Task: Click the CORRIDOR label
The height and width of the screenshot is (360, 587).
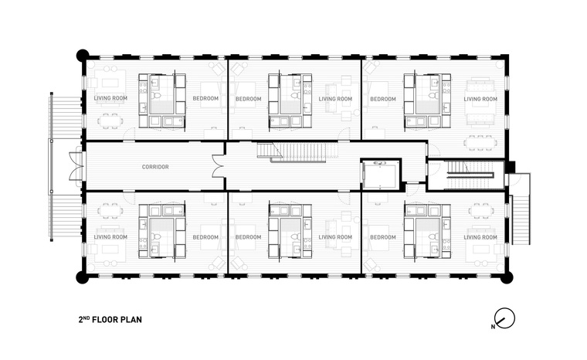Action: [155, 167]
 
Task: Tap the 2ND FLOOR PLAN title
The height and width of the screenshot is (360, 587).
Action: [110, 320]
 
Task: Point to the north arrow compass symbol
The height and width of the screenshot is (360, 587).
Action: [504, 319]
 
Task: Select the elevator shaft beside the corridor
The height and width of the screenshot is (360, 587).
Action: [381, 175]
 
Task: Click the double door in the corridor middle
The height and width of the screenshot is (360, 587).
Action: [218, 166]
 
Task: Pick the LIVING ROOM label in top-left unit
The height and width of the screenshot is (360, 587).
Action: [110, 98]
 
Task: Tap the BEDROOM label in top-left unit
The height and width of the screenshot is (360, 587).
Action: [205, 99]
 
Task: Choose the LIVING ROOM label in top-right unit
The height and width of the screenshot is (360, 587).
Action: [480, 99]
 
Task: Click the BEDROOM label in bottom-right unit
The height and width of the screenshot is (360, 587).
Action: [383, 237]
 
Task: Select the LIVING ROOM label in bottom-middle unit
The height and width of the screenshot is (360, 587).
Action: [335, 237]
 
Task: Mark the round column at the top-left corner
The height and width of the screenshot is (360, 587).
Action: [83, 55]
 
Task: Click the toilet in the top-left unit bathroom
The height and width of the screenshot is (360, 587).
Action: [158, 97]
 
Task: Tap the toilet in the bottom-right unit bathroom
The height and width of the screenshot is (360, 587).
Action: [433, 236]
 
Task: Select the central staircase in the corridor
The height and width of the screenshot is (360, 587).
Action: [298, 151]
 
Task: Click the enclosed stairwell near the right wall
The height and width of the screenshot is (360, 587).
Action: [465, 175]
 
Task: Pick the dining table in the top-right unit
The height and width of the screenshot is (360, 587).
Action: [481, 143]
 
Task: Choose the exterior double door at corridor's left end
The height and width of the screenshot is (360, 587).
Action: [77, 166]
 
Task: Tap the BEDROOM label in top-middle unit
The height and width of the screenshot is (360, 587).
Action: [248, 99]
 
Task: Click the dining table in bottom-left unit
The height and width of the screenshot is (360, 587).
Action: [110, 211]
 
